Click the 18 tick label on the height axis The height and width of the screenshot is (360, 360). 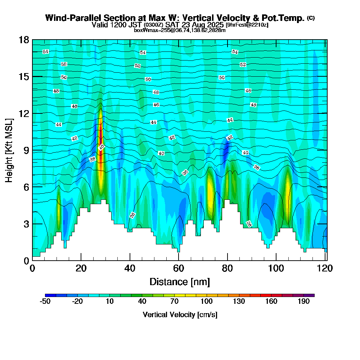23,40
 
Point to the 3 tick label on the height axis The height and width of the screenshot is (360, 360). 26,224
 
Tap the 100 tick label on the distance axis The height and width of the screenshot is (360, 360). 276,268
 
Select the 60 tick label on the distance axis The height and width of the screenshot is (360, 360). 179,268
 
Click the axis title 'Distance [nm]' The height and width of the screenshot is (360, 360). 180,282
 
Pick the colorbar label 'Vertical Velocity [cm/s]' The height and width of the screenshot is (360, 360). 180,315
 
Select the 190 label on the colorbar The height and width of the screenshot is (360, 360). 303,302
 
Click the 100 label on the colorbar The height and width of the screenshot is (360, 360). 207,302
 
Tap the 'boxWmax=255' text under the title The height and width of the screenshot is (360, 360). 150,30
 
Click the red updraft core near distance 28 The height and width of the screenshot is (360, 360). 100,144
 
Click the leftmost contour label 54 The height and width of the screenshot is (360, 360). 45,52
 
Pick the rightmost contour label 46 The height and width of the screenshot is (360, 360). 253,105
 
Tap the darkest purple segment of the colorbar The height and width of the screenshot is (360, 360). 311,295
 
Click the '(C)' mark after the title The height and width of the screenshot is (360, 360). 311,18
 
